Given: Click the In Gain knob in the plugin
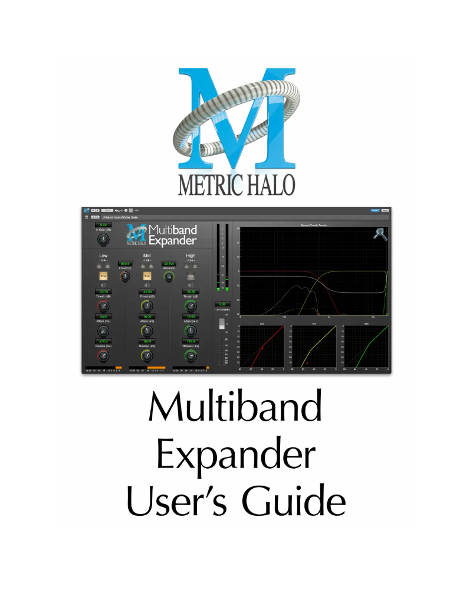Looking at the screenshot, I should point(103,239).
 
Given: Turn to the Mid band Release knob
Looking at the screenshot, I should point(147,355).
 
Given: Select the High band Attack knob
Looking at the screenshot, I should point(190,330).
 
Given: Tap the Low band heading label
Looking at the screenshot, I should point(103,256).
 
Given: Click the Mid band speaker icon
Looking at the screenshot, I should point(147,285).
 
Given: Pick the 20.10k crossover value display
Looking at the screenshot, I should point(169,264).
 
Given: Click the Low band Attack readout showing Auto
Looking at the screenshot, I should point(103,317).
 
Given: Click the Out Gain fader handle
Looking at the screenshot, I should point(222,323).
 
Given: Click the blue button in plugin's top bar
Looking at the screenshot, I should point(374,210).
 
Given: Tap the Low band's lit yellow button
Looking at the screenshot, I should point(103,276).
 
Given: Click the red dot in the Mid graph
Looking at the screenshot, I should point(307,363).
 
